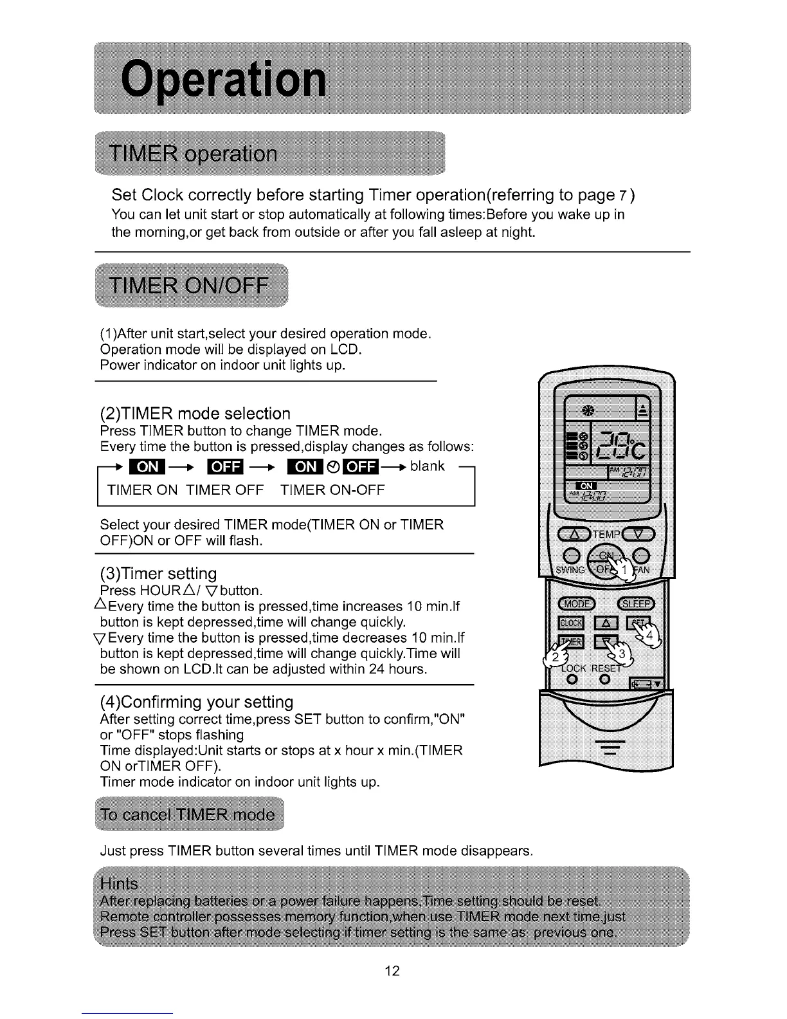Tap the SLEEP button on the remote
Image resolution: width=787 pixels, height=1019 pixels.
(x=636, y=603)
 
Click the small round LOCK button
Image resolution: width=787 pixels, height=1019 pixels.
(x=570, y=681)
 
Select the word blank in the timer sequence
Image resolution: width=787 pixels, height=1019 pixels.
(x=427, y=466)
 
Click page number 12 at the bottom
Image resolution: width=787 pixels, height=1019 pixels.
(x=392, y=971)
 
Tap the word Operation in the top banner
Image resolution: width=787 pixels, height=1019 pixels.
(x=223, y=80)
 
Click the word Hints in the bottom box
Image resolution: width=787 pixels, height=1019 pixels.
(x=120, y=883)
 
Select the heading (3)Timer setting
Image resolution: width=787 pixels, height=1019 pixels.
(x=159, y=573)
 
